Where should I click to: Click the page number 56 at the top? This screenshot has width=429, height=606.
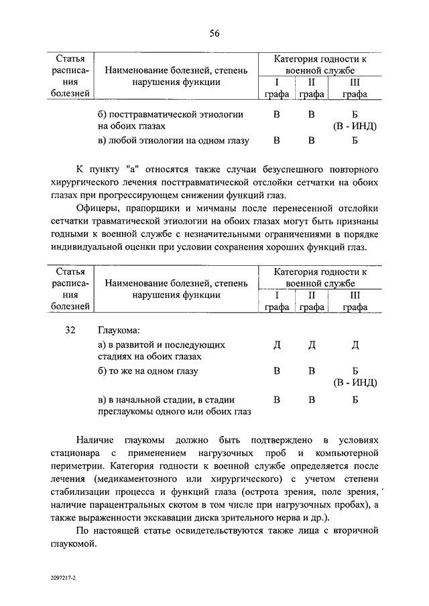point(214,33)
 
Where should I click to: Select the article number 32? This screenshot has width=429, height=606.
point(72,330)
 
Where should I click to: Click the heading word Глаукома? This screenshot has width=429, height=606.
point(120,330)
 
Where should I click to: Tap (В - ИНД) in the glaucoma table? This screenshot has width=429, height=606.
point(355,383)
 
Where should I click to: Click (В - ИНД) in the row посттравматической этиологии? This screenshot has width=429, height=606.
point(355,127)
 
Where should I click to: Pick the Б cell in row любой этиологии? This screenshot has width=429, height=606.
point(355,141)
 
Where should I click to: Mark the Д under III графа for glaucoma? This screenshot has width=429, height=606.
point(355,344)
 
